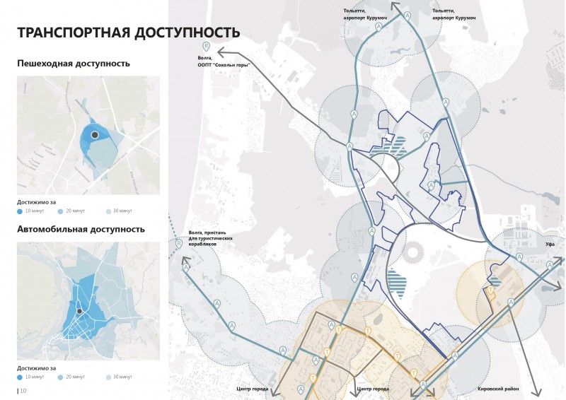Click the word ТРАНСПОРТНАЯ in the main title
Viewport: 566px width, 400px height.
click(x=74, y=33)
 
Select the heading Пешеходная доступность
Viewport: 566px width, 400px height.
click(x=74, y=64)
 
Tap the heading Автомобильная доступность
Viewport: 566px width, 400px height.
click(x=81, y=229)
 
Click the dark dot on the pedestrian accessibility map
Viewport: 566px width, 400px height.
click(x=93, y=134)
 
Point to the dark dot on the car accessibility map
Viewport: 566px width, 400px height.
click(x=80, y=311)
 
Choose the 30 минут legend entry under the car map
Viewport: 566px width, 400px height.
click(x=121, y=377)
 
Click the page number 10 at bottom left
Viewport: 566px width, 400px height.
click(x=23, y=390)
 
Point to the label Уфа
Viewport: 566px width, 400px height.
click(x=550, y=244)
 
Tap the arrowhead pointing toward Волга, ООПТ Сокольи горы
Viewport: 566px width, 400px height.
click(x=220, y=51)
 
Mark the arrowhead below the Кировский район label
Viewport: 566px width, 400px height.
click(x=540, y=394)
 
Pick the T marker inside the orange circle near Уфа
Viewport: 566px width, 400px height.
click(x=490, y=289)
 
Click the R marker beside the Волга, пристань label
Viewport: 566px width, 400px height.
click(x=179, y=244)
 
